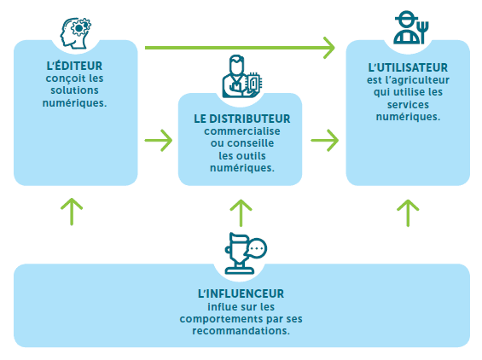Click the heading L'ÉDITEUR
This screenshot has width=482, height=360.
point(74,66)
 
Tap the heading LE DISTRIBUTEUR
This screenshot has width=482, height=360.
point(242,119)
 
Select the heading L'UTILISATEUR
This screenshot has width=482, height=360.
point(408,67)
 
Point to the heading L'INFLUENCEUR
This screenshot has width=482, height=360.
point(241,293)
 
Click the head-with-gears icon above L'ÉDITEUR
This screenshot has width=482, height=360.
point(76,33)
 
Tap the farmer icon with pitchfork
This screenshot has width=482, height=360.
point(411,27)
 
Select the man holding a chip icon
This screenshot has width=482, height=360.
point(242,77)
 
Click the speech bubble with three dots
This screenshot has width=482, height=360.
point(257,248)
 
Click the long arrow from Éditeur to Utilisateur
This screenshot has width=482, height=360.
point(240,48)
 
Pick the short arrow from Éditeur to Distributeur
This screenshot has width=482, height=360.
point(159,141)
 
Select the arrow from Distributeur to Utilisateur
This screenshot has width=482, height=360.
point(325,141)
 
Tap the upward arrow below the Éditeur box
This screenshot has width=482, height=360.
point(72,212)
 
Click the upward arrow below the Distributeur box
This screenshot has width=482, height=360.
point(241,213)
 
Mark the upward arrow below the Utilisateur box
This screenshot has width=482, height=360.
point(408,213)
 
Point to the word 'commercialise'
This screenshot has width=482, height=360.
point(242,131)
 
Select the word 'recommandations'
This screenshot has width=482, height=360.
point(241,331)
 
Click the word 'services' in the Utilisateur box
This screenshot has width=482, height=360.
point(408,105)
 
